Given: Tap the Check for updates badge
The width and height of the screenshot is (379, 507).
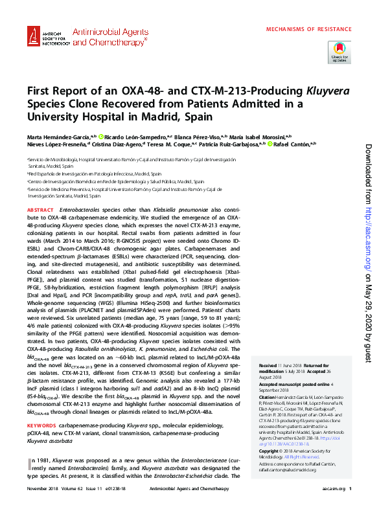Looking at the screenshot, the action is click(x=339, y=51).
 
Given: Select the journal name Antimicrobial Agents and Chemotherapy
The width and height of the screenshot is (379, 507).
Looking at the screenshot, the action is click(x=109, y=35).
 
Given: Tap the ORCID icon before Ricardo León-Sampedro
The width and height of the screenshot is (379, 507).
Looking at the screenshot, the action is click(x=100, y=137).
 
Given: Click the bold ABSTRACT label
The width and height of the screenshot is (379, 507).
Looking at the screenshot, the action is click(x=41, y=211).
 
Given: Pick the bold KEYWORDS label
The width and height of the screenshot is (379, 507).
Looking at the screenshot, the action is click(x=42, y=425).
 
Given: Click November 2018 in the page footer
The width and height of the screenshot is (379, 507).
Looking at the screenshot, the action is click(x=42, y=499).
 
